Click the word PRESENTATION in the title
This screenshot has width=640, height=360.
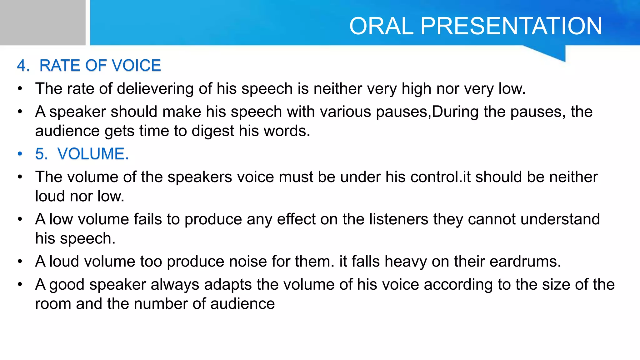point(511,26)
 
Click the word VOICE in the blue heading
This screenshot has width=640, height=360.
point(136,66)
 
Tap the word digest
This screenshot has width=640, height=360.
point(212,131)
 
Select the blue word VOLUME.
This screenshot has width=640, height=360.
point(93,154)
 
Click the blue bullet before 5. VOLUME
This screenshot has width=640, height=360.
point(20,154)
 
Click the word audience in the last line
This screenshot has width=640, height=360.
point(242,304)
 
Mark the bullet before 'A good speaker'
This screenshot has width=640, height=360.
point(20,285)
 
